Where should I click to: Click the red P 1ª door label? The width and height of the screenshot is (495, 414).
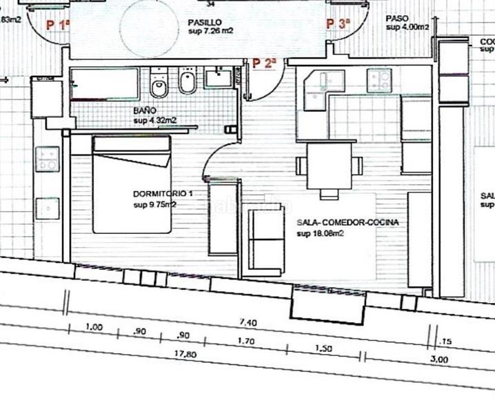(58, 25)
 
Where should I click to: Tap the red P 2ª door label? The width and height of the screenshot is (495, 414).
(264, 63)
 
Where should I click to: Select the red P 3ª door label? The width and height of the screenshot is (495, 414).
(339, 24)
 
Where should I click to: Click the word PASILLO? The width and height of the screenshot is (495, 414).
(204, 22)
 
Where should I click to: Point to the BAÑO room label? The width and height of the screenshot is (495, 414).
(145, 110)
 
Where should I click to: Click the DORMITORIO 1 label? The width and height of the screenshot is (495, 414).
(163, 195)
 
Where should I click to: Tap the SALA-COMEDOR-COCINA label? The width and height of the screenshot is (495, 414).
(347, 224)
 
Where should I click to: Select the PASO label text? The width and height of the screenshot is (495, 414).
(397, 19)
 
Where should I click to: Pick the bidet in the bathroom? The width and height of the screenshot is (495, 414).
(186, 85)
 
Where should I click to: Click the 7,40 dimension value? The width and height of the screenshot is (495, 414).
(247, 322)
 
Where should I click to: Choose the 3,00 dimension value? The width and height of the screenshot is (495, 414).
(439, 359)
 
